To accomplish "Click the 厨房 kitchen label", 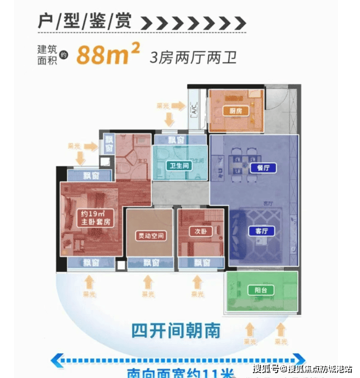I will [235, 111].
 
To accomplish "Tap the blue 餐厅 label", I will [263, 167].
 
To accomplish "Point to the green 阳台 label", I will [260, 291].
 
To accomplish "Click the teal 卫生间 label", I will [179, 166].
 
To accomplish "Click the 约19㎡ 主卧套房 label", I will [95, 218].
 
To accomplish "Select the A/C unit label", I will [193, 113].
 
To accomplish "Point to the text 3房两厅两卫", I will [193, 57].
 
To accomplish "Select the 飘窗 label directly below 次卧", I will [202, 263].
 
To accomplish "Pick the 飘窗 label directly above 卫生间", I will [175, 140].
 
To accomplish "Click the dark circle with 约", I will [63, 54].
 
